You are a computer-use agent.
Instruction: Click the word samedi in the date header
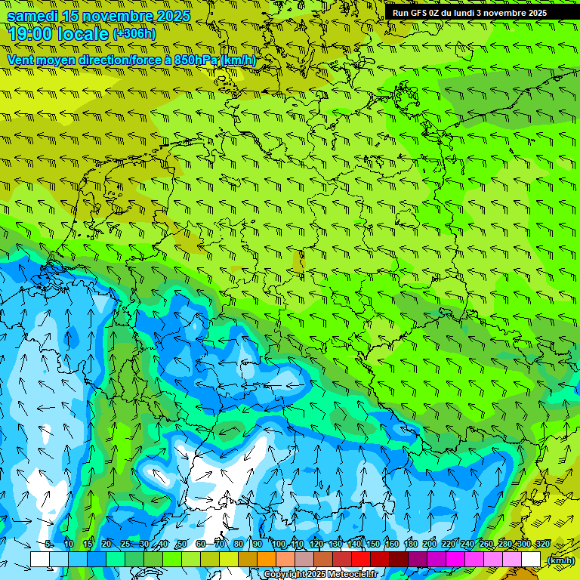(33, 16)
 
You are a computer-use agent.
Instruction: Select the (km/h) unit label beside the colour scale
(560, 560)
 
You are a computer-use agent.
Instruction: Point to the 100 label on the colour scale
(279, 545)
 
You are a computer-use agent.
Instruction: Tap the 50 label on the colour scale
(182, 545)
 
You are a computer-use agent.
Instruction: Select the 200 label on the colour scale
(430, 545)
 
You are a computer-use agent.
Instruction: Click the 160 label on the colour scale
(392, 545)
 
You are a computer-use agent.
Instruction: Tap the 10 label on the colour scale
(69, 545)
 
